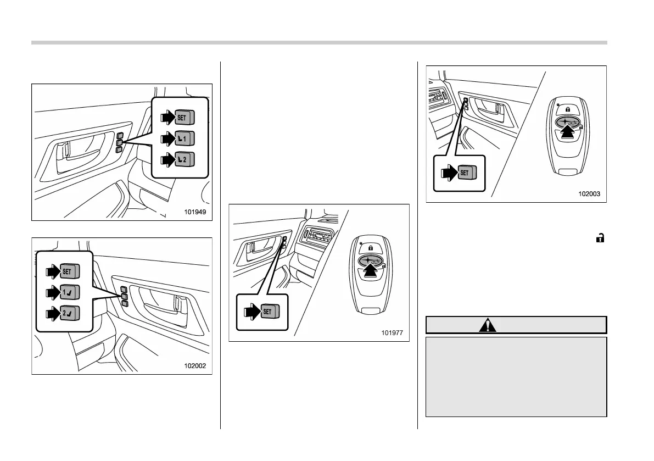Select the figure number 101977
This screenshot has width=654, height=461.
[393, 332]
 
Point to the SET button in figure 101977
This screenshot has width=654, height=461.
[269, 312]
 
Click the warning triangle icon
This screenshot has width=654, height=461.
[487, 325]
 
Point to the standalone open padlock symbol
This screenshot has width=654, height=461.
[601, 238]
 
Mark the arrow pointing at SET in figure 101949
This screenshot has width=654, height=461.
[165, 117]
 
